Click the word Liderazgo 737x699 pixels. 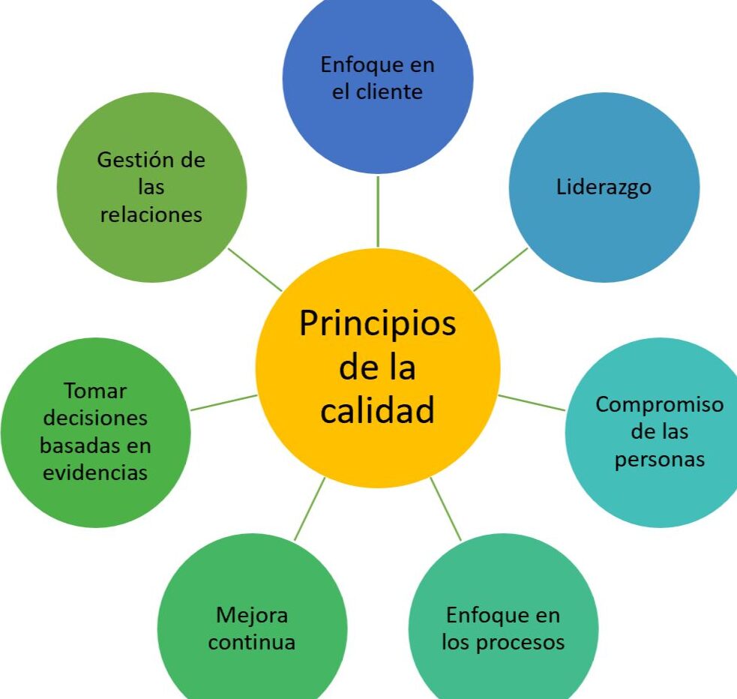(604, 187)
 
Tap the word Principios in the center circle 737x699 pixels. (378, 324)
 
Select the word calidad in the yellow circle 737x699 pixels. (377, 409)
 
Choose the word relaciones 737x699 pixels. (151, 214)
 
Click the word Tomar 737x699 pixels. (95, 391)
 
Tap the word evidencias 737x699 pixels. (95, 473)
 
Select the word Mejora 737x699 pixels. (252, 616)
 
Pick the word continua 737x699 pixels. (252, 642)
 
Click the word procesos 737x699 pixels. (520, 643)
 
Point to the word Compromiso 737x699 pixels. (660, 405)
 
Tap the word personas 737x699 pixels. (660, 460)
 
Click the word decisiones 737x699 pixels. (95, 418)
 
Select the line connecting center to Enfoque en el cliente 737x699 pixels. (378, 211)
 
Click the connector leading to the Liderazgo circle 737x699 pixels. (501, 270)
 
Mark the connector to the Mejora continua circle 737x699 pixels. (310, 509)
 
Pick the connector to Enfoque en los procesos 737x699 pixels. (445, 509)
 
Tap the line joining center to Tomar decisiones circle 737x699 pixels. (223, 403)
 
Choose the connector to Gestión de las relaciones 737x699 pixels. (255, 270)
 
